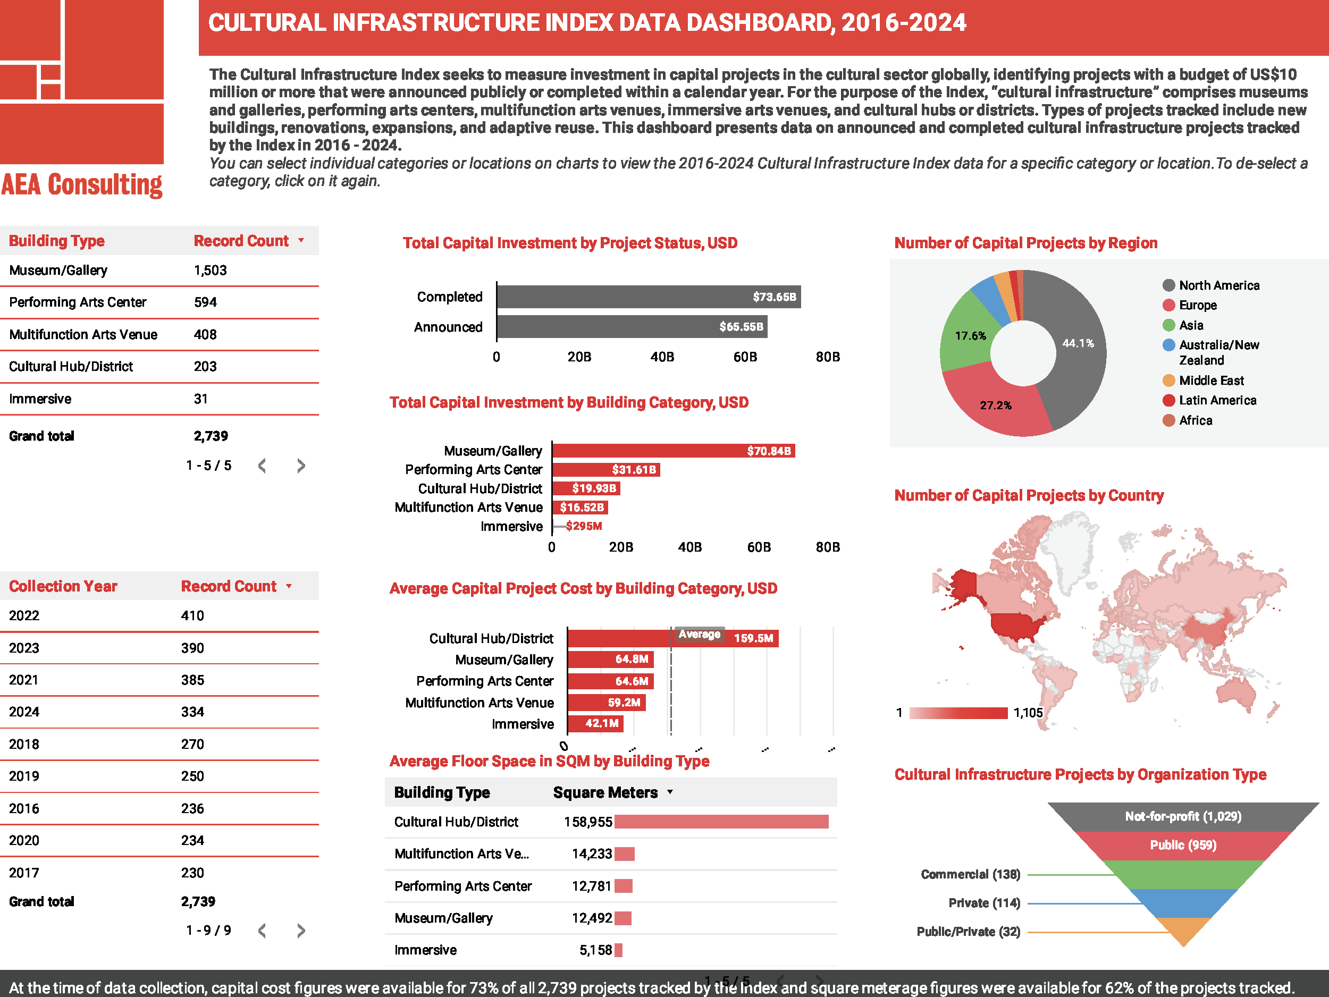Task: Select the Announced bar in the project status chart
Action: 631,327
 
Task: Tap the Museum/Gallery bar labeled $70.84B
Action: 673,451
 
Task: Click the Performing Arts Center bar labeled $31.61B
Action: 605,470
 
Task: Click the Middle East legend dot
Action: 1168,380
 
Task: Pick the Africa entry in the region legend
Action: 1195,420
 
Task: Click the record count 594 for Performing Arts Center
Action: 206,302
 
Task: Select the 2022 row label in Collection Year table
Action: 24,615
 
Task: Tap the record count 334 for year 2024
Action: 193,712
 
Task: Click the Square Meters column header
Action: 605,792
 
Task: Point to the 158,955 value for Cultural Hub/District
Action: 587,822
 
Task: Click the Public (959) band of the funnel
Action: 1182,845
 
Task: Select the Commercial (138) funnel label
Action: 970,874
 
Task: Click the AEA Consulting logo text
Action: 82,184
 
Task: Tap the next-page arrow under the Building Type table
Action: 301,466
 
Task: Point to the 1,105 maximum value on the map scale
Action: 1028,713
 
